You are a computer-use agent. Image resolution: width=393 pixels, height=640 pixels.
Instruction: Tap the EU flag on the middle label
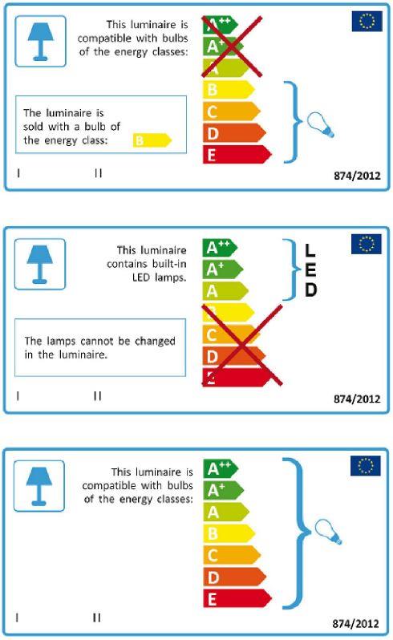tap(366, 244)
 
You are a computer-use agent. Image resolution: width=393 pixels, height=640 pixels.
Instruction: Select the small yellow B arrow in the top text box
tap(152, 140)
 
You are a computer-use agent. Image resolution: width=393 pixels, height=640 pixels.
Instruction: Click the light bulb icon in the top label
tap(320, 125)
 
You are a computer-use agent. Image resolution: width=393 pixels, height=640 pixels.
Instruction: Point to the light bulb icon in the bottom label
tap(328, 532)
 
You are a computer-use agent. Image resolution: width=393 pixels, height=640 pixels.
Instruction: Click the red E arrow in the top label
tap(237, 155)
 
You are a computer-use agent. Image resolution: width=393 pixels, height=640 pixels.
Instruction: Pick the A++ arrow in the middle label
tap(220, 248)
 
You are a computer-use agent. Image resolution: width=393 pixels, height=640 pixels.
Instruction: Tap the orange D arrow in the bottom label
tap(235, 577)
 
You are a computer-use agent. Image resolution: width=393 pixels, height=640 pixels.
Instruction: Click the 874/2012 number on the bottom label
tap(355, 624)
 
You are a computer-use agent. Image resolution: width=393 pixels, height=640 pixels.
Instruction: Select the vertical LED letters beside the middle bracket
tap(310, 270)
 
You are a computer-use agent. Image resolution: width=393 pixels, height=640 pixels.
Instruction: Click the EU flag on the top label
tap(367, 21)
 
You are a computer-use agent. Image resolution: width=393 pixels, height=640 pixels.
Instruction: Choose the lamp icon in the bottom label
tap(39, 486)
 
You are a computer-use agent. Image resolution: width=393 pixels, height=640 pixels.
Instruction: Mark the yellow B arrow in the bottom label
tap(229, 533)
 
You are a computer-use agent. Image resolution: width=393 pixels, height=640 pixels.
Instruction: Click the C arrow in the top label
tap(232, 111)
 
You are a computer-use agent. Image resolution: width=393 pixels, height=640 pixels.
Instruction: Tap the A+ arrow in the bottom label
tap(223, 490)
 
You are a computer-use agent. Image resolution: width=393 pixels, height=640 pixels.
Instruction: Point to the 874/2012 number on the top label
tap(357, 176)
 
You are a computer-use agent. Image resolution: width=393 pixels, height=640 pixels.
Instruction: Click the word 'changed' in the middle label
tap(155, 341)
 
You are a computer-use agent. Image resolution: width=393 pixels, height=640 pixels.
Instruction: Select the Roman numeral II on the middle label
tap(97, 396)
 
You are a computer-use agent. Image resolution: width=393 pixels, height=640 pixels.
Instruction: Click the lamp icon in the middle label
tap(40, 264)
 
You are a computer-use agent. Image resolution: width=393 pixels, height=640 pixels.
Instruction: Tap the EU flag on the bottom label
tap(365, 466)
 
